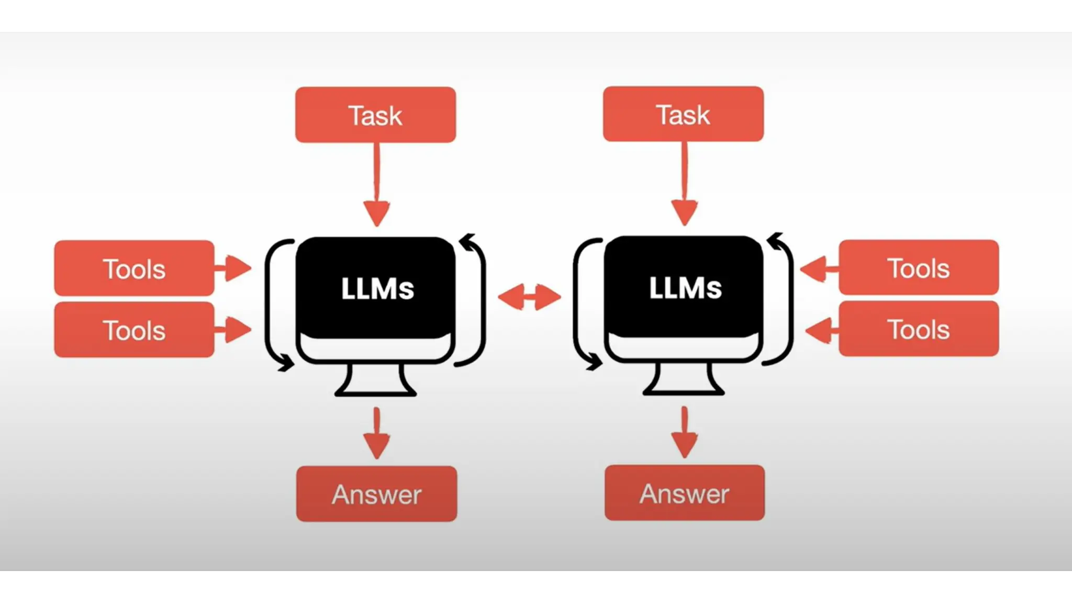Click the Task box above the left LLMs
tap(375, 115)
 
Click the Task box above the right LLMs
tap(683, 114)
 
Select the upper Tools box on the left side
tap(135, 268)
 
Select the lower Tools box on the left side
tap(135, 330)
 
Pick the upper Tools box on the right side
tap(919, 267)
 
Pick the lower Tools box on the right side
tap(919, 329)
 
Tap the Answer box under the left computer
tap(376, 494)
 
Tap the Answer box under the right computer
tap(684, 493)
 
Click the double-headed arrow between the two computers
tap(529, 297)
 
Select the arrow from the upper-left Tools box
tap(233, 268)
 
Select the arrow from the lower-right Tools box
tap(822, 330)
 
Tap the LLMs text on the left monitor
tap(377, 288)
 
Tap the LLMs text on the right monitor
tap(685, 287)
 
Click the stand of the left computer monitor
tap(375, 381)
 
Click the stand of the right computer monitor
tap(683, 379)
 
